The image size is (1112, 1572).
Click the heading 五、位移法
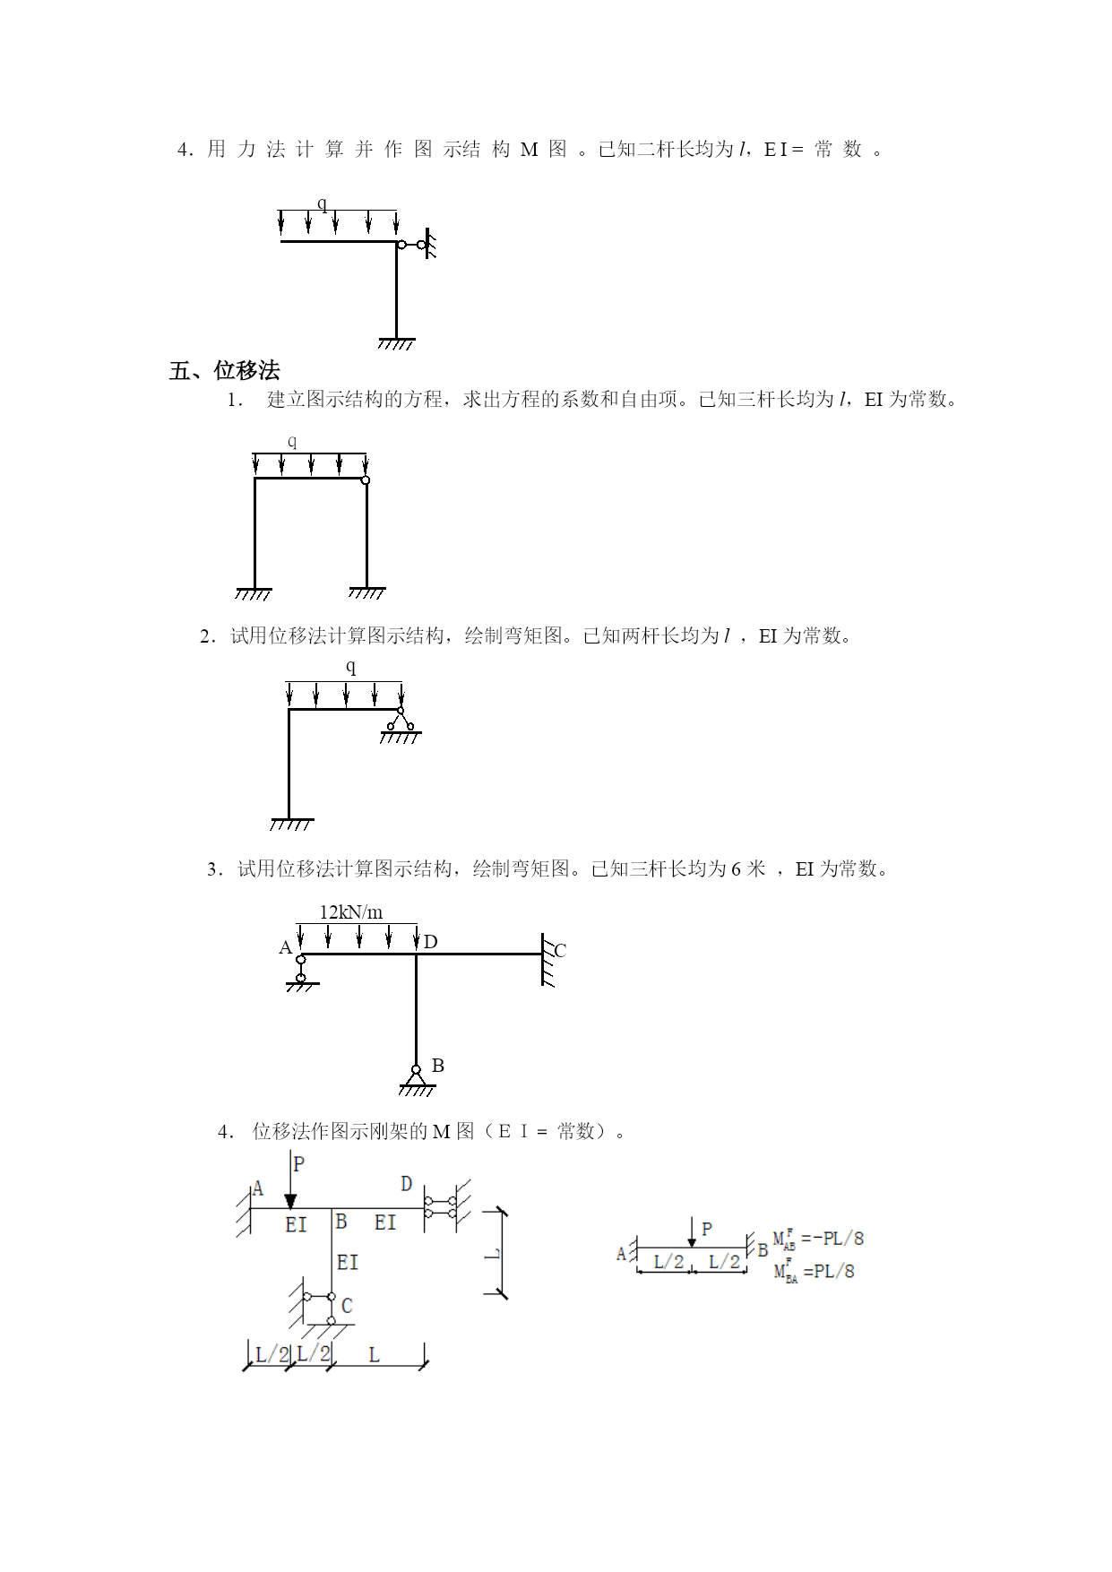click(224, 370)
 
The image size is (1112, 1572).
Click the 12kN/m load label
click(351, 912)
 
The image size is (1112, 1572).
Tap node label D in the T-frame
click(430, 941)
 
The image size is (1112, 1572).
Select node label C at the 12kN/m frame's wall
click(560, 950)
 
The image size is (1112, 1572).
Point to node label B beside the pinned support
click(437, 1065)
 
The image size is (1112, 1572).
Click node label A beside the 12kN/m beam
click(285, 947)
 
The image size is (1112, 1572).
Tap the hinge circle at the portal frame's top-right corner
click(366, 479)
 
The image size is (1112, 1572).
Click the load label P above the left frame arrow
click(299, 1163)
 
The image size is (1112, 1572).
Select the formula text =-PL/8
click(832, 1239)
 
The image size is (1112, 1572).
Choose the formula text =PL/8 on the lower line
click(829, 1271)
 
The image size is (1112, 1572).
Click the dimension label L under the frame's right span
click(375, 1354)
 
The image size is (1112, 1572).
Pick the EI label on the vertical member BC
click(348, 1262)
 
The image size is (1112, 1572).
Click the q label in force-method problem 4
click(323, 203)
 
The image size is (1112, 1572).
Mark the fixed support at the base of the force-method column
click(396, 343)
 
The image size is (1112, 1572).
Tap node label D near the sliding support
click(406, 1184)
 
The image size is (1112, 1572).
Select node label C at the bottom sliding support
click(347, 1306)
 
